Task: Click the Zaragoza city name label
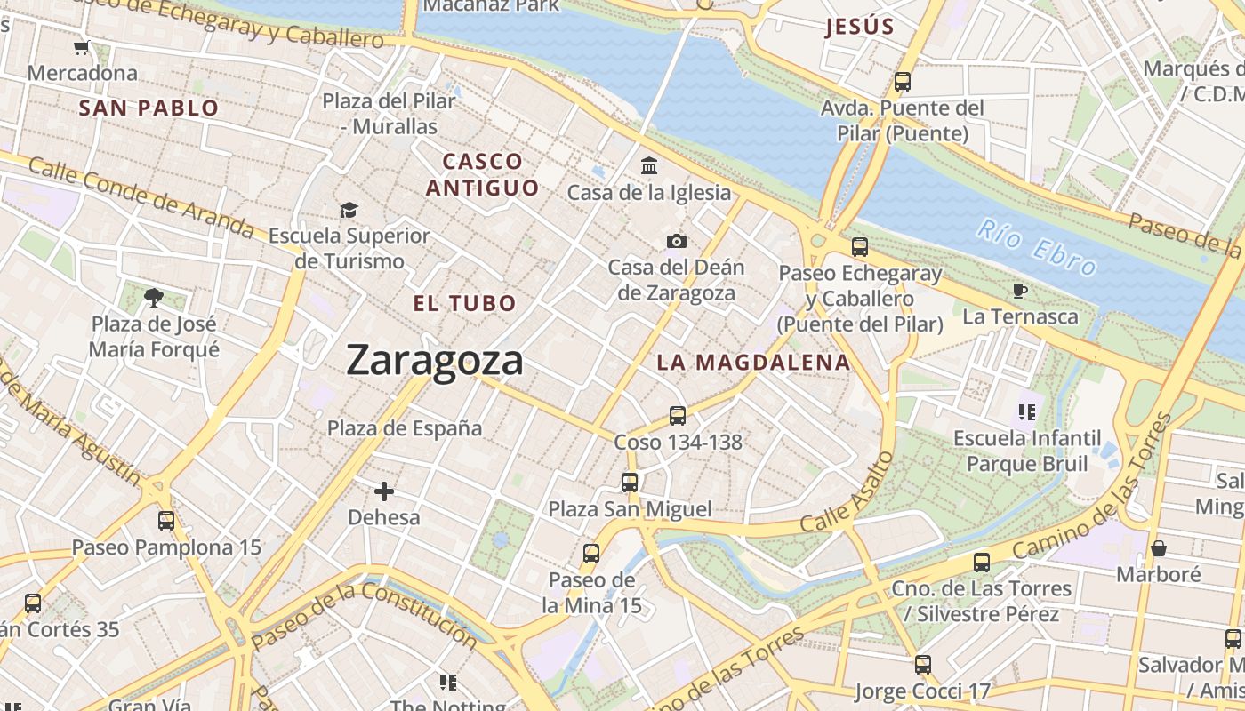tap(435, 361)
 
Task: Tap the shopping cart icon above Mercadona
tap(82, 47)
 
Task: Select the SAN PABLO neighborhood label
tap(149, 108)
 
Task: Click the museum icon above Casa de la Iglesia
tap(649, 166)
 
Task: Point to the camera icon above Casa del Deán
tap(676, 241)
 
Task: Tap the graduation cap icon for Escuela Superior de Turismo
tap(349, 210)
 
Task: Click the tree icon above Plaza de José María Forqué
tap(154, 297)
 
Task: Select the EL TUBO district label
tap(464, 303)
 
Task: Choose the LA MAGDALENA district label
tap(753, 363)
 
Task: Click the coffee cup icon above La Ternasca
tap(1020, 291)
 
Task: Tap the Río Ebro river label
tap(1035, 246)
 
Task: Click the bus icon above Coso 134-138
tap(678, 415)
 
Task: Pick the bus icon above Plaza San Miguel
tap(630, 483)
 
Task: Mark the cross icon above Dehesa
tap(384, 491)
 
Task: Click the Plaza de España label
tap(405, 428)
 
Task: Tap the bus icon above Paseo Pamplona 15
tap(166, 521)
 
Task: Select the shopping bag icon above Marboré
tap(1158, 548)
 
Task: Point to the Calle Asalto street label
tap(847, 493)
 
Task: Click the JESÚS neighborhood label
tap(859, 27)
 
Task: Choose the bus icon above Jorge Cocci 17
tap(923, 664)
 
